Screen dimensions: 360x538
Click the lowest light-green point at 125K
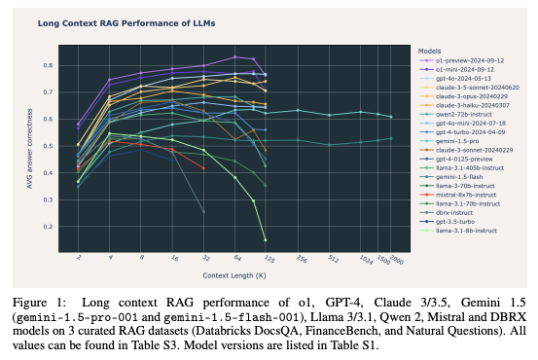tap(266, 239)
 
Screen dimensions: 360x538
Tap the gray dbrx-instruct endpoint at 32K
tap(203, 211)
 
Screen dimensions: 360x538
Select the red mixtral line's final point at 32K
tap(203, 168)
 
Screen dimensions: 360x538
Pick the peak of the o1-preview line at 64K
tap(234, 57)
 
